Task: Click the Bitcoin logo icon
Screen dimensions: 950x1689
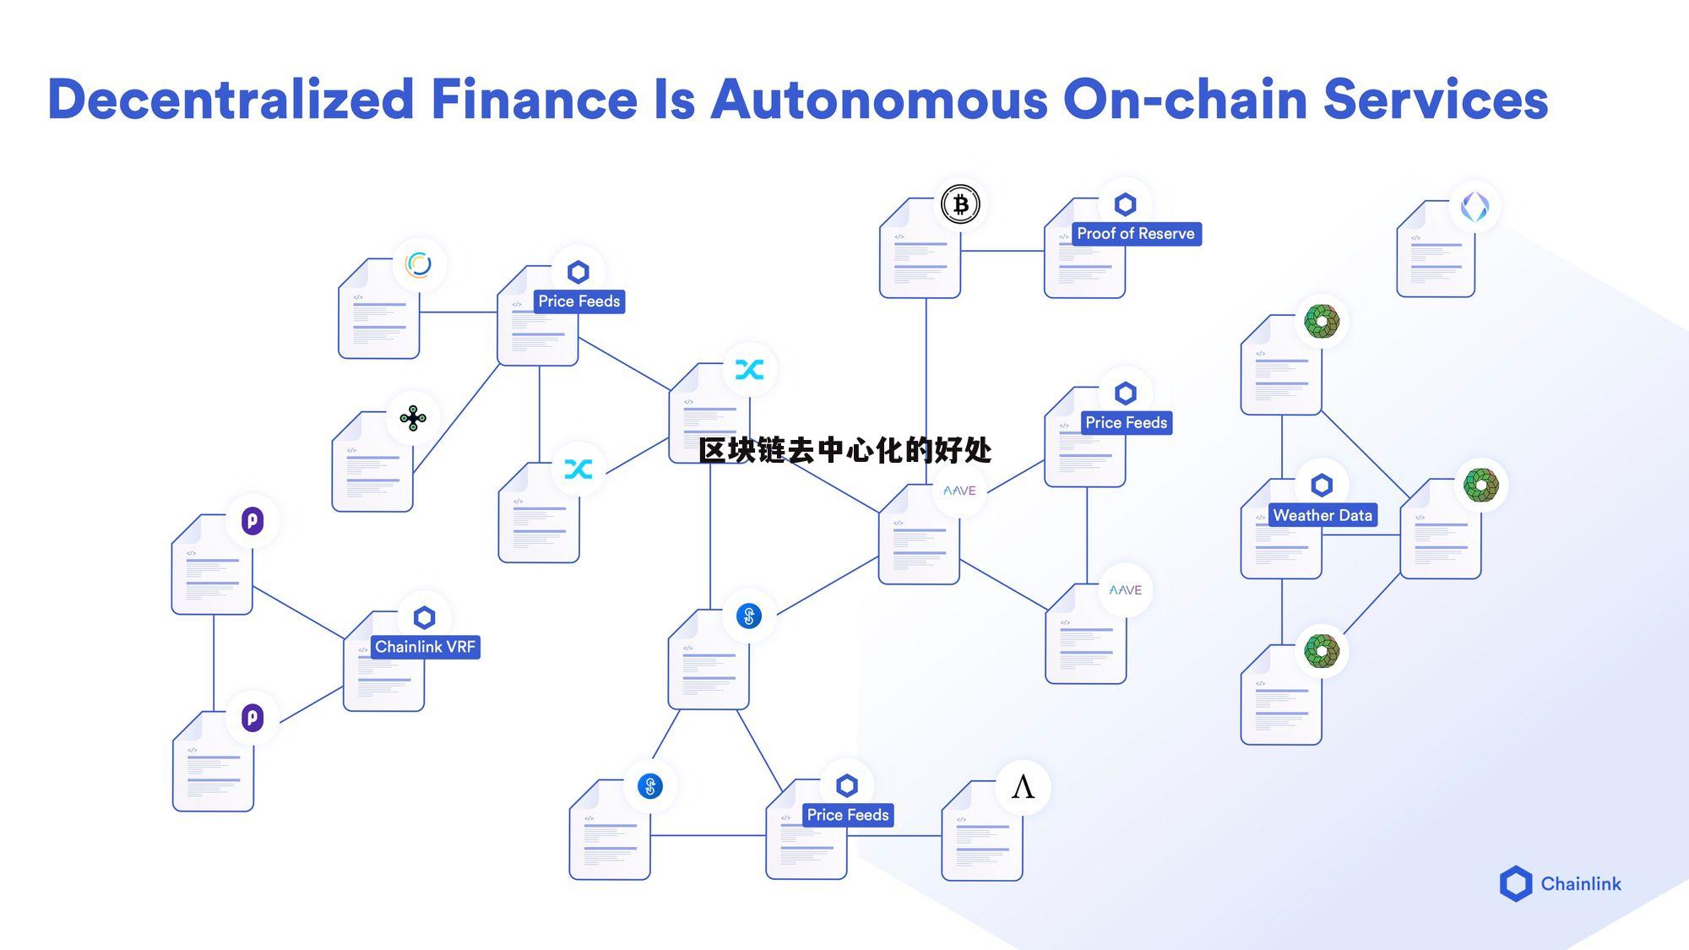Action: coord(960,204)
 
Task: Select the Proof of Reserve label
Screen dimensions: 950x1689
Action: coord(1135,234)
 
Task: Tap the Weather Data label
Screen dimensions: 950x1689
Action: coord(1322,515)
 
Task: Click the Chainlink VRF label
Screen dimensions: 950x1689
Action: coord(425,647)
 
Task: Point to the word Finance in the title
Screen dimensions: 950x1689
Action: coord(534,100)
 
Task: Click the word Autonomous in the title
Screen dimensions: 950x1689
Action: coord(878,100)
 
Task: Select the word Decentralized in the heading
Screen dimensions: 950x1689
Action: coord(231,100)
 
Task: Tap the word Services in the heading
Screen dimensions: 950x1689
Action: coord(1435,100)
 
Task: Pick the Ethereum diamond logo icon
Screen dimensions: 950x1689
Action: coord(1474,207)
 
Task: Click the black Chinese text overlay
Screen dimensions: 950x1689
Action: coord(844,450)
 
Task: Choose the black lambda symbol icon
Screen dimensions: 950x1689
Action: coord(1023,787)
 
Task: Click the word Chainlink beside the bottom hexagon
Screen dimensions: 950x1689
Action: coord(1580,884)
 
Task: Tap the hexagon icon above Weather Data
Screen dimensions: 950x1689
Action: coord(1322,486)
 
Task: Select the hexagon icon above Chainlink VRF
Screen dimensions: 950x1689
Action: coord(424,617)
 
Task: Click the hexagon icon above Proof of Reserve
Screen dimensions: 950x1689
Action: coord(1125,204)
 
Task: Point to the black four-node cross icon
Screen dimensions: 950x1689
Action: coord(413,418)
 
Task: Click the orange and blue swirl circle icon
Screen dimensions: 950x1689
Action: coord(418,264)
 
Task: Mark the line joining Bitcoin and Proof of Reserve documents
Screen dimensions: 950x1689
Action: coord(1002,251)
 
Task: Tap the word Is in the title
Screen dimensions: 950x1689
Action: coord(674,100)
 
